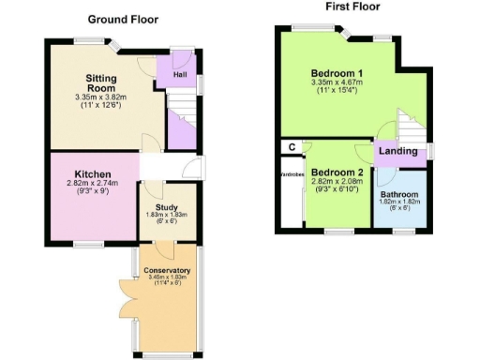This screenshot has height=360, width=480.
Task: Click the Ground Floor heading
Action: click(123, 19)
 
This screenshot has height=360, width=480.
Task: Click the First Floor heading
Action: click(353, 7)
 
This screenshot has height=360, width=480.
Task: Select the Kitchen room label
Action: click(94, 174)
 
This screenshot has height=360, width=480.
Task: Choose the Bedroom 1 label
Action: click(337, 73)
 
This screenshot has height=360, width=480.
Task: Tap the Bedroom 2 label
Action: click(337, 173)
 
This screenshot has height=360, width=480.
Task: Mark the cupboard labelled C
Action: click(292, 146)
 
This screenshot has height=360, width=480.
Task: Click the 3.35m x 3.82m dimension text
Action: click(99, 97)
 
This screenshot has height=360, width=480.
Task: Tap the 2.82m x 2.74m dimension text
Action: click(94, 186)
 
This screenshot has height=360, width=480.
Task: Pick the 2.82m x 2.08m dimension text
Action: click(337, 185)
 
